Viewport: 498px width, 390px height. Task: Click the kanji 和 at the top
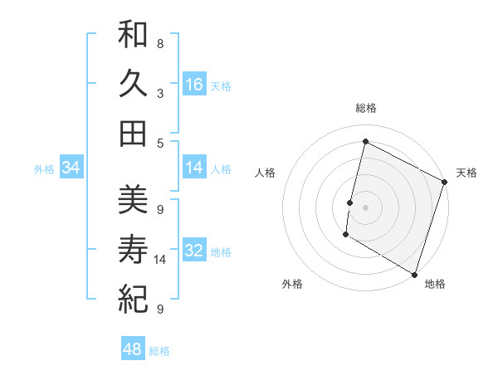pos(133,35)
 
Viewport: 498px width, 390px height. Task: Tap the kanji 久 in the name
pos(133,83)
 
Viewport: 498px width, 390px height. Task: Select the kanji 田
pos(133,132)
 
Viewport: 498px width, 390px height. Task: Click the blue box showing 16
pos(194,85)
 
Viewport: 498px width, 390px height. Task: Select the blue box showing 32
pos(194,251)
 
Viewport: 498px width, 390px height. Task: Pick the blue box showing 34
pos(71,168)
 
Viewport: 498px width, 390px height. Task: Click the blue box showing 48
pos(133,349)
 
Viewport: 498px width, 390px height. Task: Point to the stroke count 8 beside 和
pos(159,43)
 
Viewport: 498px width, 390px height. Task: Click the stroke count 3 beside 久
pos(159,93)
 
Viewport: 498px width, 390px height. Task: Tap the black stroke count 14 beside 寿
pos(161,260)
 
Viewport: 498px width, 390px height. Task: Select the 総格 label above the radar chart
pos(365,108)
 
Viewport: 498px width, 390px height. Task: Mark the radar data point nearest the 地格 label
pos(414,274)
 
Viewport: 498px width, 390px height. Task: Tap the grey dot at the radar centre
pos(365,207)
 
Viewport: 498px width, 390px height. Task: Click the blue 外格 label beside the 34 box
pos(44,169)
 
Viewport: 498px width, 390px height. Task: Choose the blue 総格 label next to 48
pos(159,351)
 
